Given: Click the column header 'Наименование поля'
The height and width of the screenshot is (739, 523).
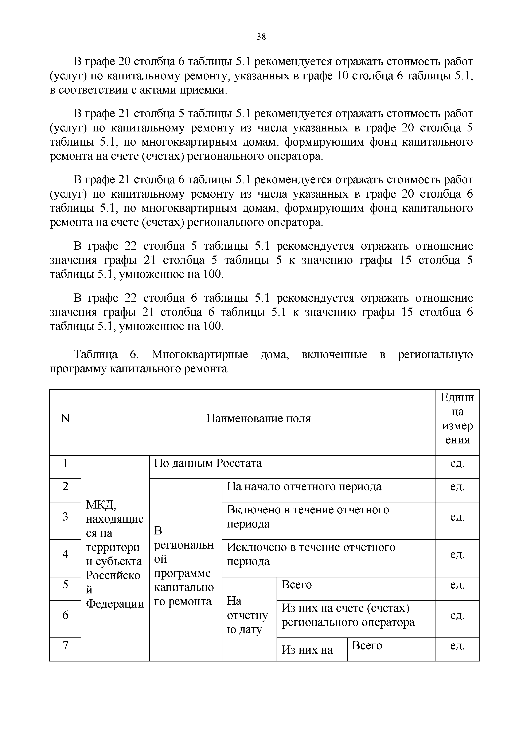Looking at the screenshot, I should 258,418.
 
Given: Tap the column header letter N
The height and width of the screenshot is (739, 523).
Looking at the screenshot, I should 65,418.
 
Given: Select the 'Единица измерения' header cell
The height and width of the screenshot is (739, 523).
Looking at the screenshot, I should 457,418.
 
